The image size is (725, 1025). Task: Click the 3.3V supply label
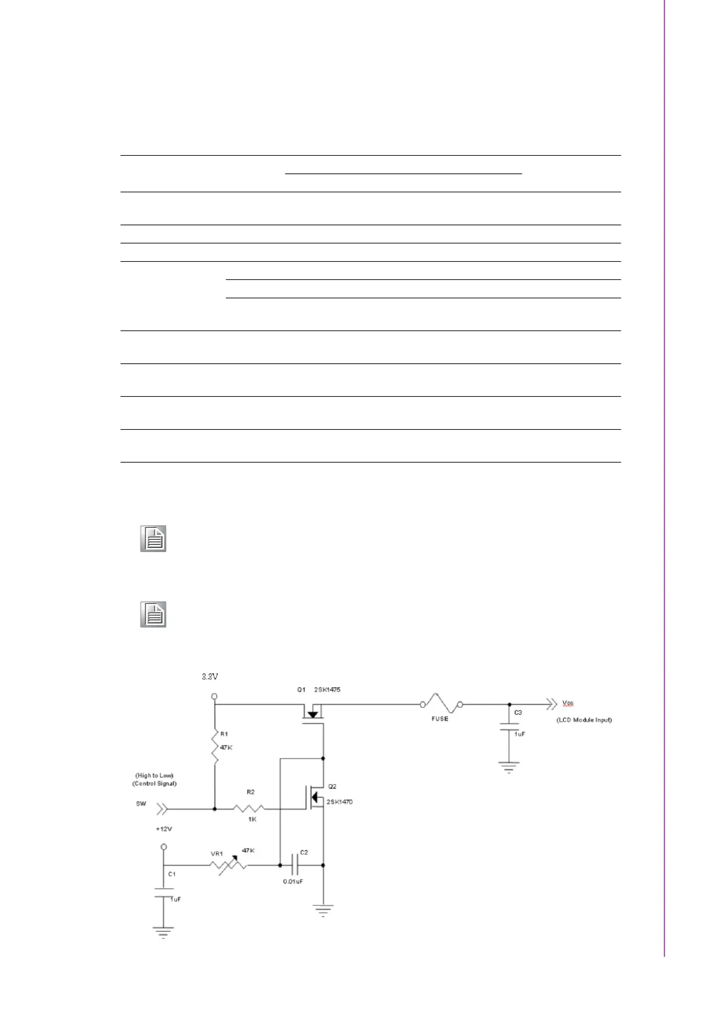211,676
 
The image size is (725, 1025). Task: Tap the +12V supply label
164,829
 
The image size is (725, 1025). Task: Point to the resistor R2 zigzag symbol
248,809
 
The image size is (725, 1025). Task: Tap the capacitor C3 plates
509,727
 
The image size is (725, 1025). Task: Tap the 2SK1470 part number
339,802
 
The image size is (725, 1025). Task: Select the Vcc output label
568,703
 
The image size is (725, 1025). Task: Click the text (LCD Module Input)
584,719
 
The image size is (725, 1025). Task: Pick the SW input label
141,803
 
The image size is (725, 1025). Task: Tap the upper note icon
153,539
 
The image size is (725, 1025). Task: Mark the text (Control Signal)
154,783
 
